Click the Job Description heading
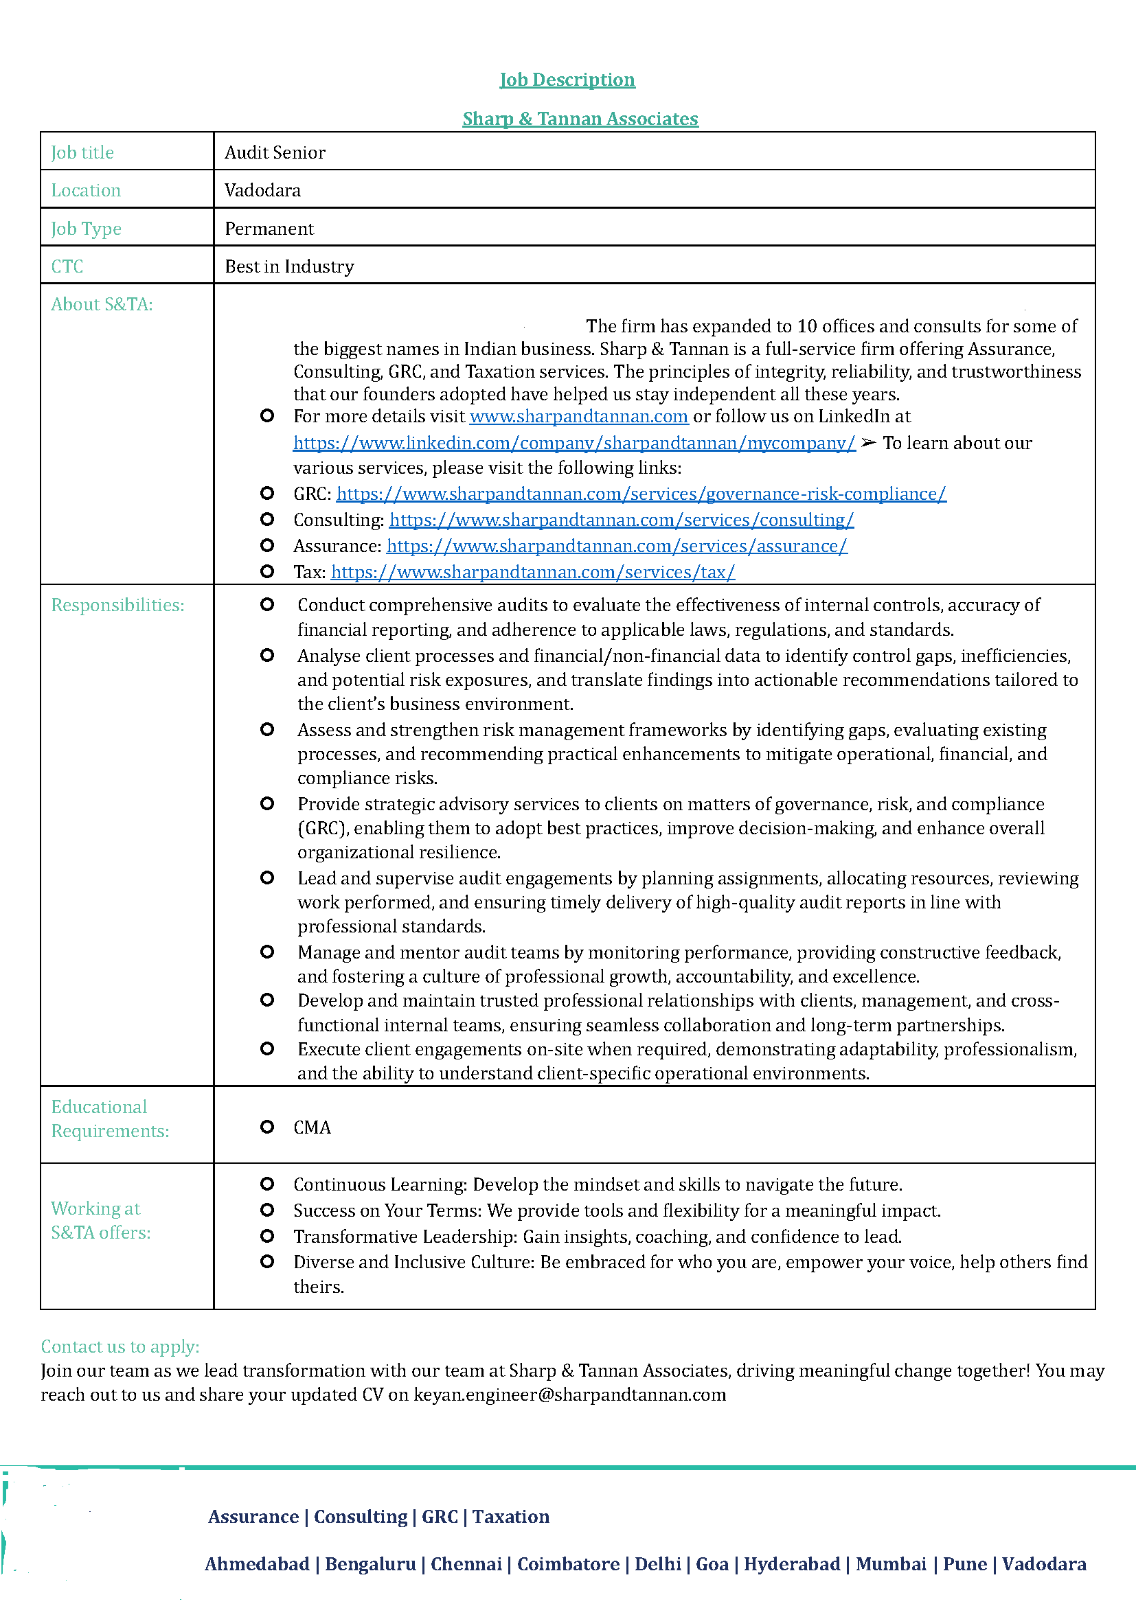pyautogui.click(x=567, y=80)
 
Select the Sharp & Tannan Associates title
pyautogui.click(x=580, y=119)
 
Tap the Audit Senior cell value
pyautogui.click(x=275, y=152)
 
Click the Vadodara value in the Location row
pyautogui.click(x=262, y=190)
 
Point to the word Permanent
pyautogui.click(x=269, y=229)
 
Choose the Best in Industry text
pyautogui.click(x=289, y=266)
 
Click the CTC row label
pyautogui.click(x=67, y=266)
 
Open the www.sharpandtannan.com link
pyautogui.click(x=578, y=417)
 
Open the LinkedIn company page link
pyautogui.click(x=573, y=444)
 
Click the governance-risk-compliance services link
pyautogui.click(x=641, y=494)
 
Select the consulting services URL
pyautogui.click(x=621, y=520)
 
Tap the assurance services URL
pyautogui.click(x=616, y=547)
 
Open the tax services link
pyautogui.click(x=532, y=572)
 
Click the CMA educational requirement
pyautogui.click(x=312, y=1127)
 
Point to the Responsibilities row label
pyautogui.click(x=117, y=605)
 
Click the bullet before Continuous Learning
pyautogui.click(x=266, y=1184)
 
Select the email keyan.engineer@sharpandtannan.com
pyautogui.click(x=569, y=1395)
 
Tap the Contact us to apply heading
pyautogui.click(x=120, y=1346)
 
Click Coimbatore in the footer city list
pyautogui.click(x=568, y=1563)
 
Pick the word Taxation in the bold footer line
pyautogui.click(x=510, y=1517)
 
